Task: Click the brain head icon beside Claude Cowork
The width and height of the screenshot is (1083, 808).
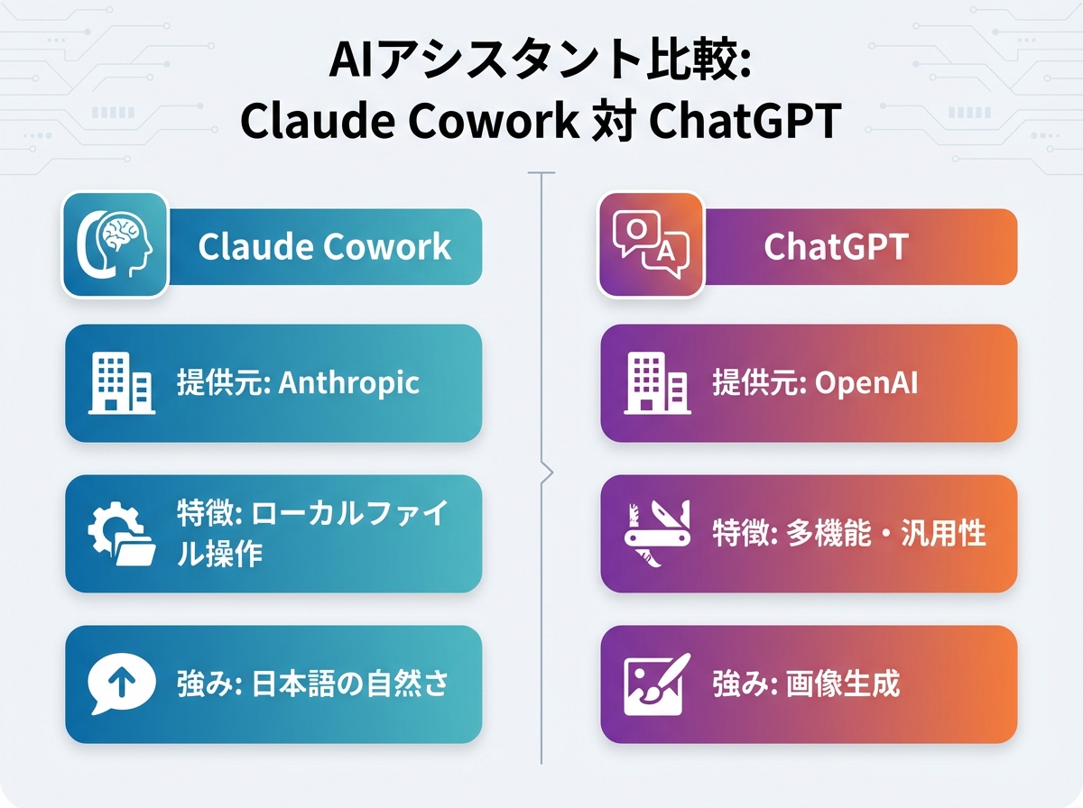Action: coord(115,244)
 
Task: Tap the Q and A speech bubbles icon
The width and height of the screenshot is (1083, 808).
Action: coord(651,244)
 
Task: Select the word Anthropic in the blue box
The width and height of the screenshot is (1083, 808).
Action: coord(348,382)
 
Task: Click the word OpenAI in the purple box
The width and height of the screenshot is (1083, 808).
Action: coord(866,382)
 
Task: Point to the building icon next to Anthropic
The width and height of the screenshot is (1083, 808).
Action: coord(121,383)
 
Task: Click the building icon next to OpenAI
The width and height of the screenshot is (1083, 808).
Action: coord(658,383)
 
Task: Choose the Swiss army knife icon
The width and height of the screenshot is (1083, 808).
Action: coord(658,533)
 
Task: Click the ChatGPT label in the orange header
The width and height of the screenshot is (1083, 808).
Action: coord(835,247)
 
